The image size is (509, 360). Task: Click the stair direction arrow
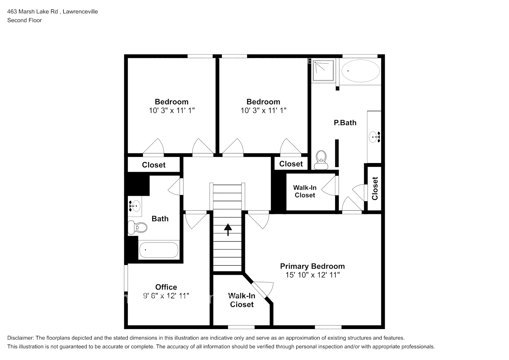coord(228,230)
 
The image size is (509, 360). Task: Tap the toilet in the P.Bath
coord(321,160)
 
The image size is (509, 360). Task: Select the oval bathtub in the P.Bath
coord(361,71)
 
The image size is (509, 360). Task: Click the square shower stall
coord(323,70)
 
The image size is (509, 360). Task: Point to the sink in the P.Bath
coord(374,137)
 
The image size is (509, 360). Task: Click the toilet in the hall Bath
coord(138,227)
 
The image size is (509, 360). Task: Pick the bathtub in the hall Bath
coord(159,250)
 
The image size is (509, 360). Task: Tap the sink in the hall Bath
coord(134,206)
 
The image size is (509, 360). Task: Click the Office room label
coord(166,287)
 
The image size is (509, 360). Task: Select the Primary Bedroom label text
coord(312,266)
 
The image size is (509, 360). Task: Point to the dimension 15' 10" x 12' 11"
coord(312,275)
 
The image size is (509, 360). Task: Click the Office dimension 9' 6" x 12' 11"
coord(166,296)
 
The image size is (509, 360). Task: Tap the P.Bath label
coord(345,123)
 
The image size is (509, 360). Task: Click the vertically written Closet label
coord(375,188)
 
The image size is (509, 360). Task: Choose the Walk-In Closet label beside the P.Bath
coord(305,192)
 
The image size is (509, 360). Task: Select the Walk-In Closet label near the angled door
coord(242,300)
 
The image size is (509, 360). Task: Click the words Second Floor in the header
coord(24,20)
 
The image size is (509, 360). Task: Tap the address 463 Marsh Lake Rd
coord(32,12)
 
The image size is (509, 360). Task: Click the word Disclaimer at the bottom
coord(20,338)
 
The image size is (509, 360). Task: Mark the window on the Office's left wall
coord(126,278)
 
